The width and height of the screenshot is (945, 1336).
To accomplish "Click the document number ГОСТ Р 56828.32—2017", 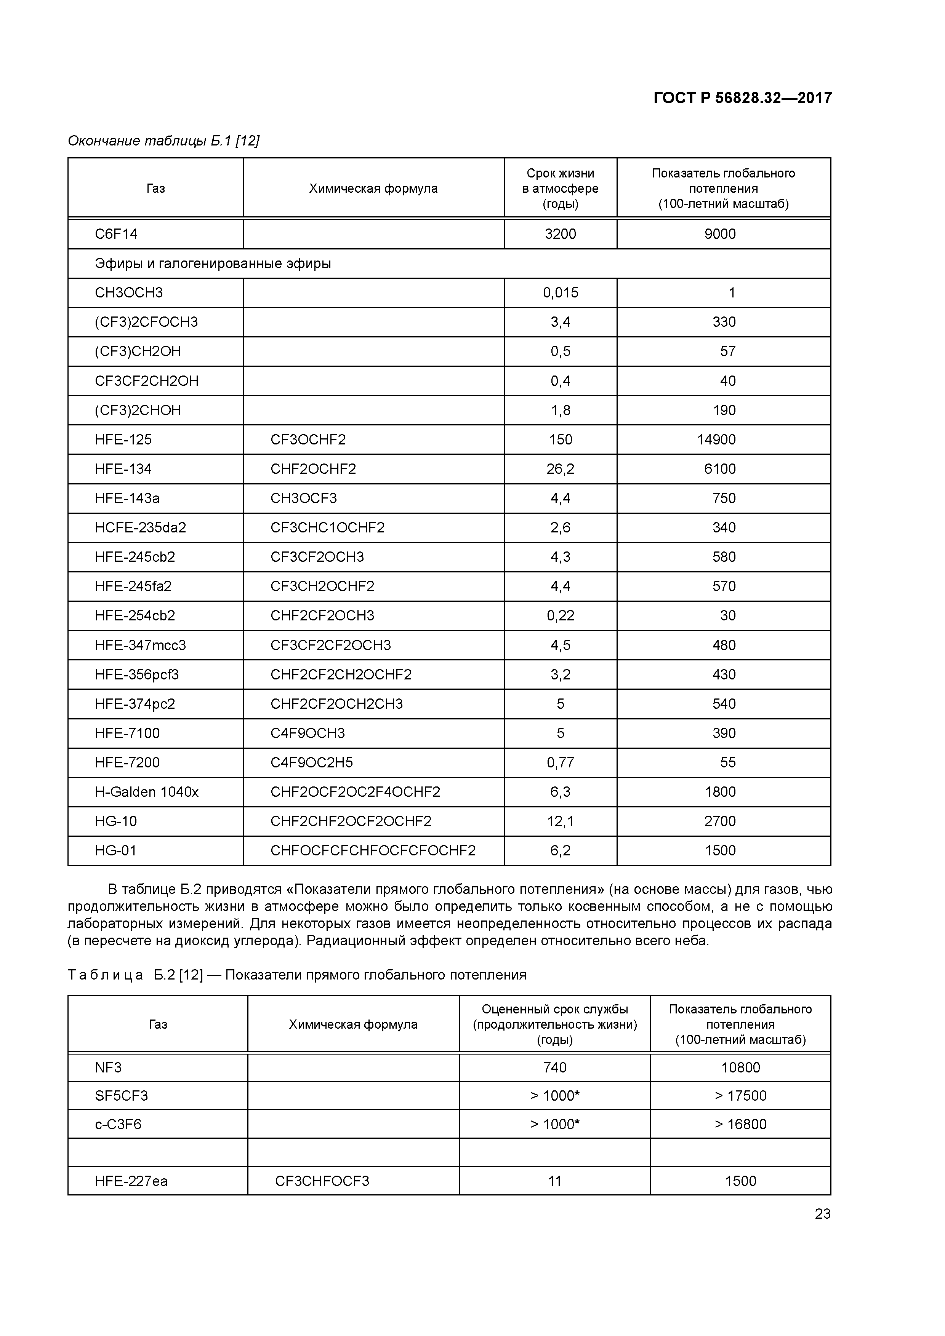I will pos(742,98).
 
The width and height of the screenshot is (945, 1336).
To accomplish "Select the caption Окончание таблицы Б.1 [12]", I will pos(163,141).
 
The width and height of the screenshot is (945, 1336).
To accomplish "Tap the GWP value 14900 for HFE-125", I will pos(716,439).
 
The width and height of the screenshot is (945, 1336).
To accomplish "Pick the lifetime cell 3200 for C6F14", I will pos(560,234).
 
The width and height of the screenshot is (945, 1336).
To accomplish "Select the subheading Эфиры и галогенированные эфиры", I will pos(213,264).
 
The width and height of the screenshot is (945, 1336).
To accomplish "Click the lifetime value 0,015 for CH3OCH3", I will pos(560,293).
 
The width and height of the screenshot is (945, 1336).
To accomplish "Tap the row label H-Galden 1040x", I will pos(147,791).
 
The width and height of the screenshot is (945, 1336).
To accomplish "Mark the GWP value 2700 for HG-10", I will pos(720,821).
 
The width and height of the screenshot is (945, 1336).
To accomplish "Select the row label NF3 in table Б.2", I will pos(108,1067).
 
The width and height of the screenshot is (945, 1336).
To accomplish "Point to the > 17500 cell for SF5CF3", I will pos(740,1096).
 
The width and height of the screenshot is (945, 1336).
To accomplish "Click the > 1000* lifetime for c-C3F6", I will pos(554,1124).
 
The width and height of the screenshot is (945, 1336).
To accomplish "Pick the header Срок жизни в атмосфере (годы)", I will pos(560,188).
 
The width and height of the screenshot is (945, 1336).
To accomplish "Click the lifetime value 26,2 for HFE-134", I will pos(560,469).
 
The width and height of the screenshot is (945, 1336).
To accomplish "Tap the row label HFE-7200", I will pos(127,762).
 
